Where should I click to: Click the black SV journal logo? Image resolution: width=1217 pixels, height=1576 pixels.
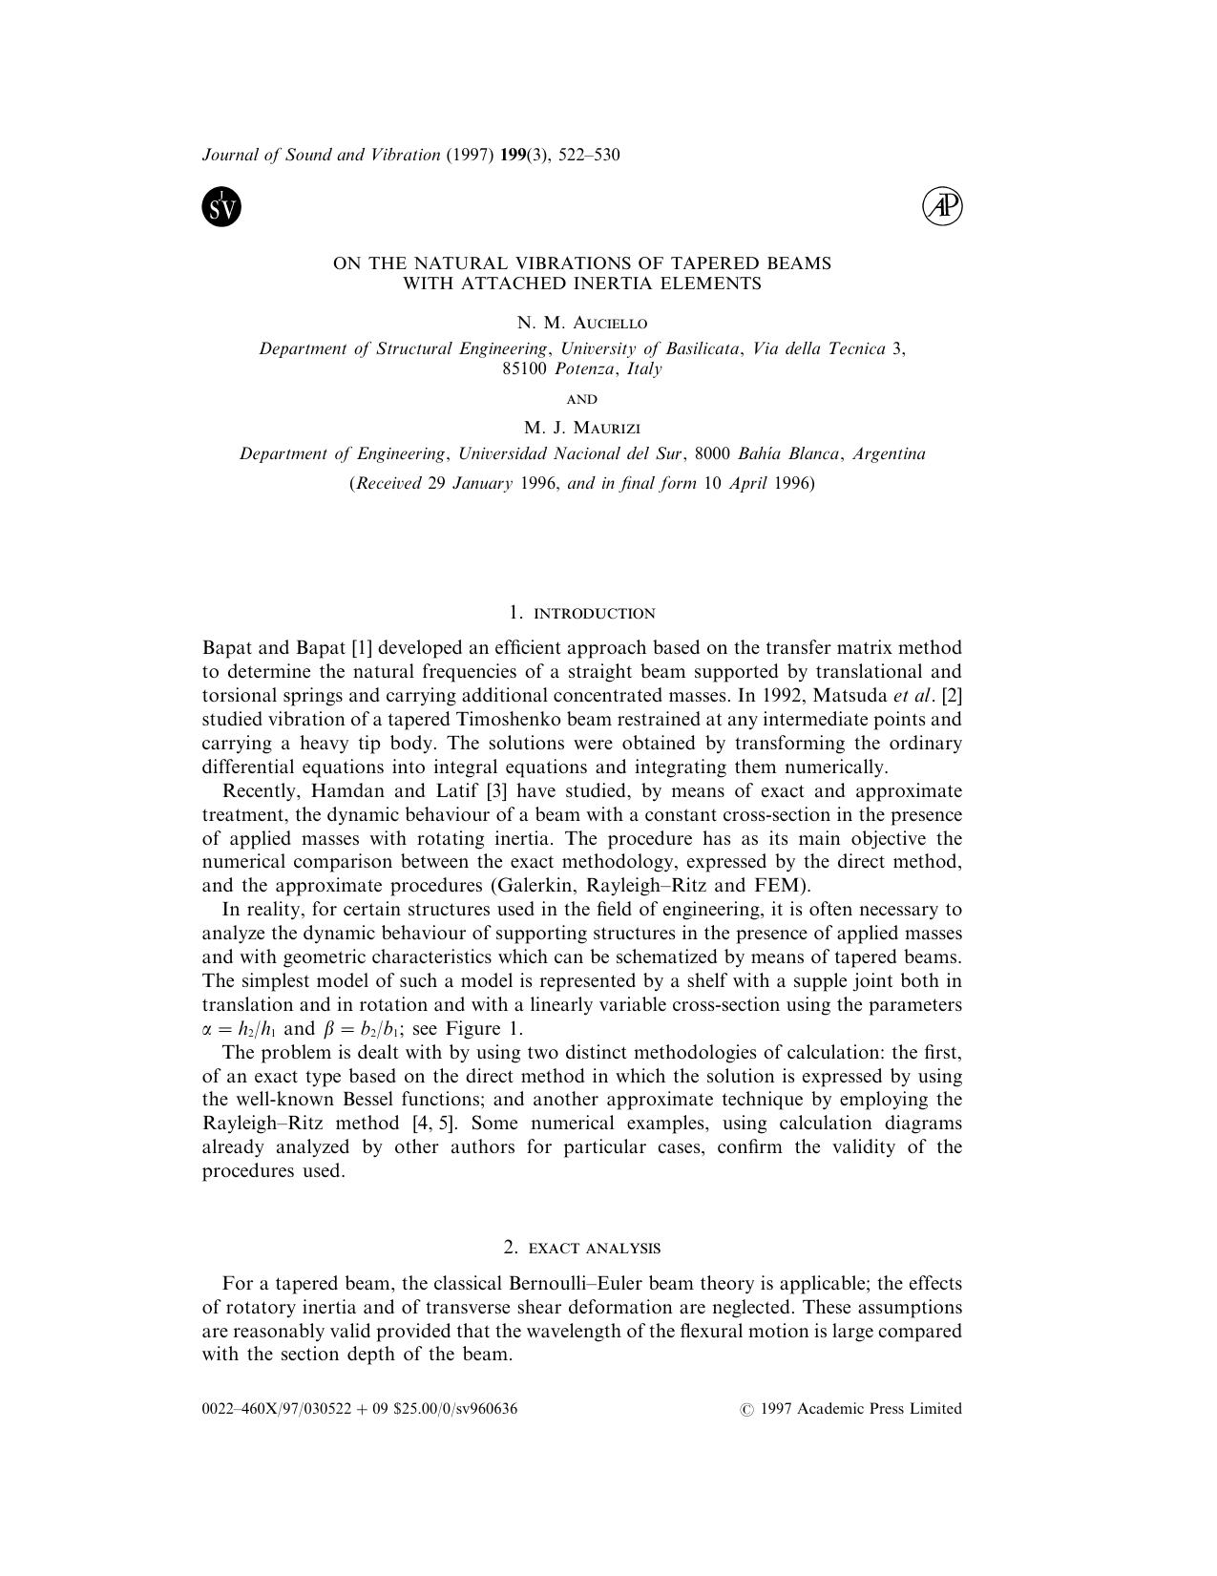221,207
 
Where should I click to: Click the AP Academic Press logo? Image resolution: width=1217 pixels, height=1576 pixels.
942,207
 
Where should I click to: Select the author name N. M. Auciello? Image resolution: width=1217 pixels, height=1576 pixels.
581,323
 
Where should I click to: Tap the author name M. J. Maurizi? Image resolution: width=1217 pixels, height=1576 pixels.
581,428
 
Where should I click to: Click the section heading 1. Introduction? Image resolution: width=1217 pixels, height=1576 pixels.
581,613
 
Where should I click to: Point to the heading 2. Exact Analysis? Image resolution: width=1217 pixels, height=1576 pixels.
581,1248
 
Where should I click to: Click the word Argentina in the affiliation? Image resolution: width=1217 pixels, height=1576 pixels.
888,453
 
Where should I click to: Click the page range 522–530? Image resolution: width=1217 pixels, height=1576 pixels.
589,155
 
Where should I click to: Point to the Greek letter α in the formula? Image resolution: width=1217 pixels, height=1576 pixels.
208,1029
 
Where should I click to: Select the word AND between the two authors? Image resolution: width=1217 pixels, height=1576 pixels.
581,399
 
